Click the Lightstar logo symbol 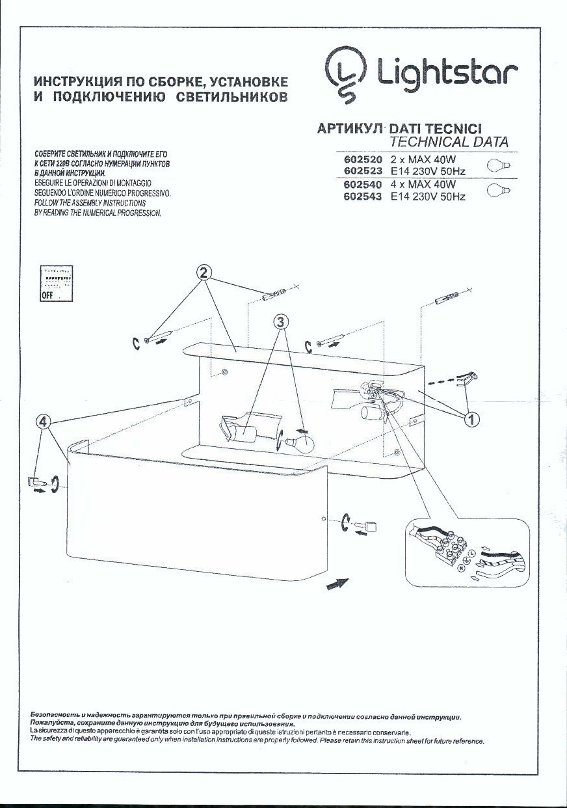(345, 74)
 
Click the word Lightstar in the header (442, 74)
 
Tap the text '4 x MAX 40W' (423, 185)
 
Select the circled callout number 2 (204, 273)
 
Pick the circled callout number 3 (280, 321)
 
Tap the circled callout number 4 (43, 422)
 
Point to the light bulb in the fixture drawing (300, 444)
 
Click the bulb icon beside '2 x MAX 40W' (499, 165)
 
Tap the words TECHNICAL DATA (449, 142)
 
